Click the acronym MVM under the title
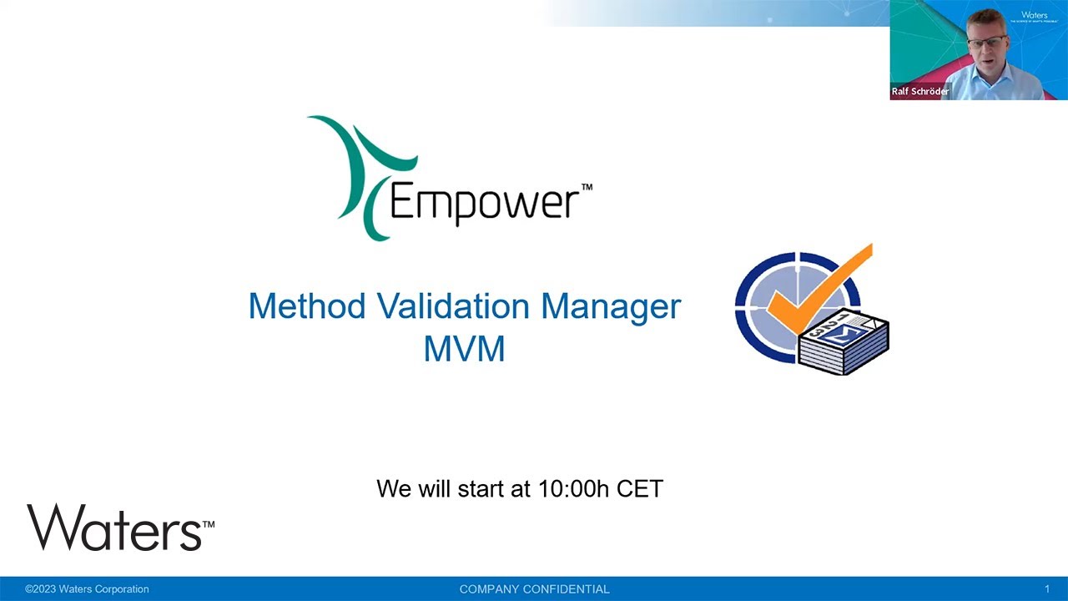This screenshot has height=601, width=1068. pyautogui.click(x=464, y=349)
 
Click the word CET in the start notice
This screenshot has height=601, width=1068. pyautogui.click(x=640, y=488)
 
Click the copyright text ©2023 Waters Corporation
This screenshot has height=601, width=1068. pyautogui.click(x=87, y=589)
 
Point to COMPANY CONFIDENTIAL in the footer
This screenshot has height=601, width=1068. pyautogui.click(x=534, y=589)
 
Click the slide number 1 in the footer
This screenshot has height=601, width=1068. pyautogui.click(x=1047, y=589)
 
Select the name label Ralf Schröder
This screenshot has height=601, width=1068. pyautogui.click(x=920, y=91)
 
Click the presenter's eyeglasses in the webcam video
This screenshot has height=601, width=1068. pyautogui.click(x=986, y=40)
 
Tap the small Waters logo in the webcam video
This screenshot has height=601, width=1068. pyautogui.click(x=1034, y=15)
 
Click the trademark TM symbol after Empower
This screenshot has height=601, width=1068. pyautogui.click(x=587, y=188)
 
